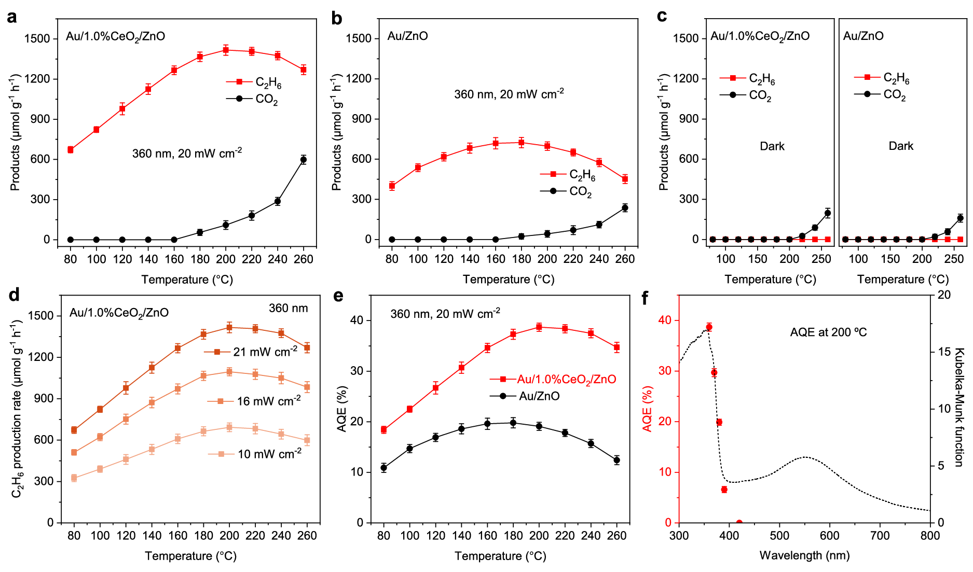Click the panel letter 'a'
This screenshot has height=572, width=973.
point(11,17)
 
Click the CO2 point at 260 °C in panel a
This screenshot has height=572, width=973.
point(304,160)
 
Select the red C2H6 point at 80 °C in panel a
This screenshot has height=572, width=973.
point(71,150)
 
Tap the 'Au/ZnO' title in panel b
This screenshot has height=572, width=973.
point(407,36)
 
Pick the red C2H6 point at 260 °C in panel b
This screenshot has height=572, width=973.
point(625,179)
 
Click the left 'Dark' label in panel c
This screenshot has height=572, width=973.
point(772,146)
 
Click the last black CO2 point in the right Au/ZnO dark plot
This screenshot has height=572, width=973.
point(961,218)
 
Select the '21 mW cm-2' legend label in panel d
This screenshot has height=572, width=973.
point(265,352)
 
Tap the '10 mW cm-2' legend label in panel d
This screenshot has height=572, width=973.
point(269,454)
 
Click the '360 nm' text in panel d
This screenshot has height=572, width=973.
point(288,308)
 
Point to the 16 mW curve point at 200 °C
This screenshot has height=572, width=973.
point(229,372)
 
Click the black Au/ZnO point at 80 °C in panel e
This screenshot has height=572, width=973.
point(384,468)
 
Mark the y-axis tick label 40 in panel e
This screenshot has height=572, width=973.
point(357,320)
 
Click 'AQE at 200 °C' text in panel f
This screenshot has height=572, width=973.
point(828,332)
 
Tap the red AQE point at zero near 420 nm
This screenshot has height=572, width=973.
point(739,523)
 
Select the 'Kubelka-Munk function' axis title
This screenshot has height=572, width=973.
point(959,407)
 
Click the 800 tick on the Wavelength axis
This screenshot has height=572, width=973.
point(930,536)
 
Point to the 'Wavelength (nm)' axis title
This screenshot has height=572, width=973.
point(804,555)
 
